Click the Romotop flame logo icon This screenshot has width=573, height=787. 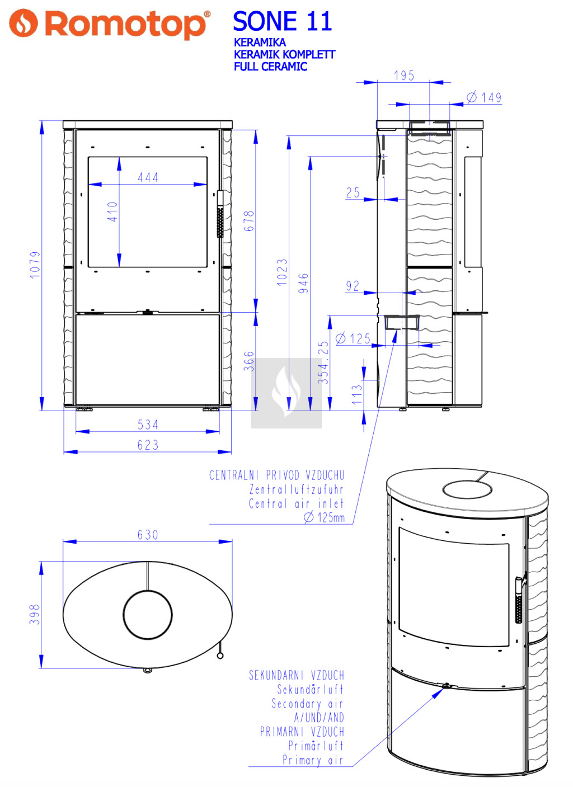(23, 23)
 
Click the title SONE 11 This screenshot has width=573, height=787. (282, 21)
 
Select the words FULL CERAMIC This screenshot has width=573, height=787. (270, 67)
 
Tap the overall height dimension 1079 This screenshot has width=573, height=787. (35, 265)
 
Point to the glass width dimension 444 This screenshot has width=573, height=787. (148, 177)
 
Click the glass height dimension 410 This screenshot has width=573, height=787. (112, 211)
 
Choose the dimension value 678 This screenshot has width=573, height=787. (249, 221)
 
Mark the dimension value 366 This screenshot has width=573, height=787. (249, 361)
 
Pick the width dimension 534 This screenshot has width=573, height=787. (148, 425)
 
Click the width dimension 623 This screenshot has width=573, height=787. (148, 445)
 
